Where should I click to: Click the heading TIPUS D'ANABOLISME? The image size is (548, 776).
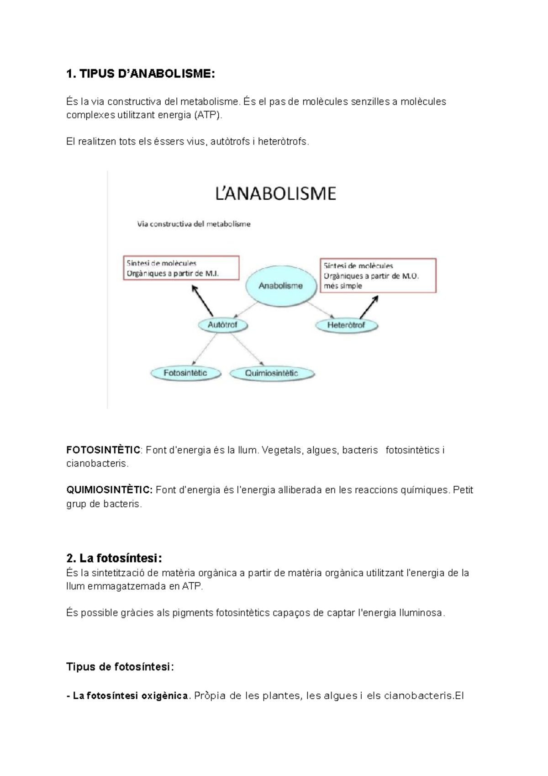pos(140,74)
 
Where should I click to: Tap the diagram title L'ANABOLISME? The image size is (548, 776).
pos(275,193)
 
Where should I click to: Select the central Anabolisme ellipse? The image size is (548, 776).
pos(280,286)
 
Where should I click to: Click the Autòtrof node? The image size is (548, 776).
pos(223,325)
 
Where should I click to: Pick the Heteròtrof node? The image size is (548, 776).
pos(346,325)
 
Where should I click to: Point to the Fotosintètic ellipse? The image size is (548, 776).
pos(185,373)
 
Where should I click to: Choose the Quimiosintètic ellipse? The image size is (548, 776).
pos(272,373)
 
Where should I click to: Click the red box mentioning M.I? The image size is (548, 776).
pos(181,268)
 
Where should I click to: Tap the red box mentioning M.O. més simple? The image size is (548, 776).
pos(378,276)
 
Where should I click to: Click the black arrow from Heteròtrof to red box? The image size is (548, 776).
pos(369,307)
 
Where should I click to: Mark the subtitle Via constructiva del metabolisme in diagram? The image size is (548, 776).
pos(194,224)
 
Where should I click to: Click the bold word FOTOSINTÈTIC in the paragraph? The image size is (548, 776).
pos(103,450)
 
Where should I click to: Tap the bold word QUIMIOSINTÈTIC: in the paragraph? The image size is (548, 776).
pos(110,490)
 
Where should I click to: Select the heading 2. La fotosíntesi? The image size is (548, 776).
pos(114,558)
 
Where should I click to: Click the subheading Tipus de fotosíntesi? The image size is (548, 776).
pos(120,667)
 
